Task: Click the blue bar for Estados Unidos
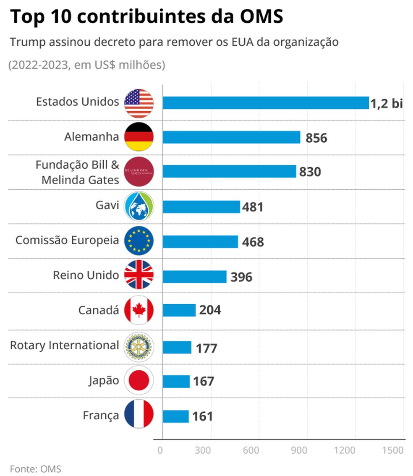[x=265, y=103]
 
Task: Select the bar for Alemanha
[x=231, y=137]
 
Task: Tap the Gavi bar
[x=201, y=207]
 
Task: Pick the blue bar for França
[x=175, y=416]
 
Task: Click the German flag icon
[x=139, y=137]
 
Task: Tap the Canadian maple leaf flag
[x=139, y=311]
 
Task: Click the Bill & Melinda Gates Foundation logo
[x=139, y=172]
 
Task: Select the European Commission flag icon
[x=139, y=241]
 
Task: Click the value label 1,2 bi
[x=386, y=103]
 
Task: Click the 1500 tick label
[x=393, y=450]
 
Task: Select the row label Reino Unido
[x=86, y=275]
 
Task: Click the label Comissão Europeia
[x=67, y=241]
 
